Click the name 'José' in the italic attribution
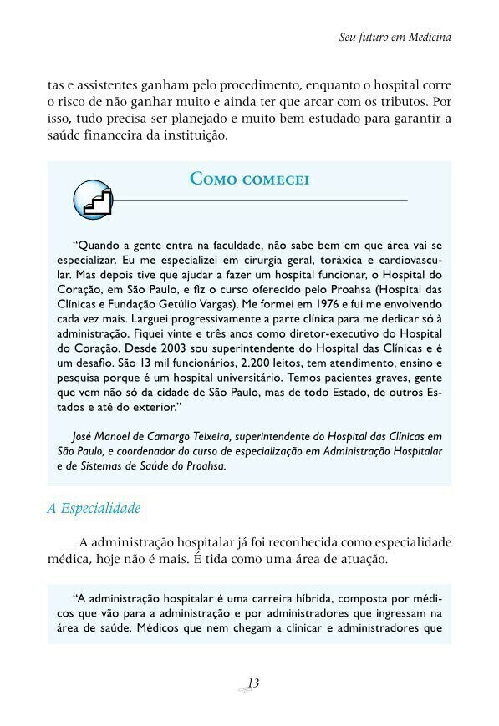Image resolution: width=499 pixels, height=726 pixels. [84, 436]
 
